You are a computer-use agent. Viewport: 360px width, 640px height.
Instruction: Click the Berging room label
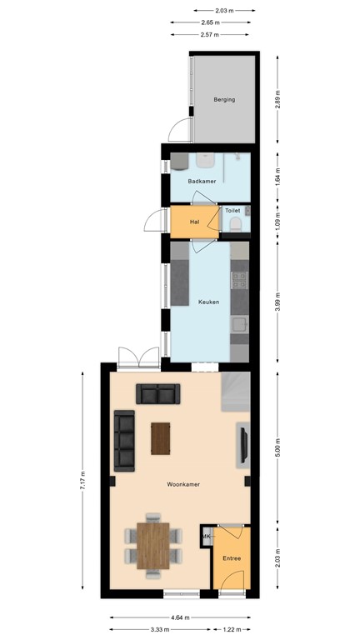pyautogui.click(x=224, y=99)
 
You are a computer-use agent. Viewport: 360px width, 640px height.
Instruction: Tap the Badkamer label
pyautogui.click(x=202, y=181)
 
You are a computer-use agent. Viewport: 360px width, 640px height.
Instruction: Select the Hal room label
pyautogui.click(x=194, y=222)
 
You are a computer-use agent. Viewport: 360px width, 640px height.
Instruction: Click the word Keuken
pyautogui.click(x=208, y=302)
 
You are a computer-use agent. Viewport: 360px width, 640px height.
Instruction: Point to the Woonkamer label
pyautogui.click(x=183, y=483)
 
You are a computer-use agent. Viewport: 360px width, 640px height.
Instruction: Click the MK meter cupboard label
pyautogui.click(x=206, y=537)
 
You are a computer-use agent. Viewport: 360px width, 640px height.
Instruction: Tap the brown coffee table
pyautogui.click(x=159, y=437)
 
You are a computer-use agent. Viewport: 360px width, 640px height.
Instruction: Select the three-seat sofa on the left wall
pyautogui.click(x=125, y=439)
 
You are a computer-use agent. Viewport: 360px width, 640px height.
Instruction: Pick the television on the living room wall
pyautogui.click(x=243, y=442)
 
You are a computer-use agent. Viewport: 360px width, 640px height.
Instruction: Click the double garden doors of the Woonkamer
pyautogui.click(x=138, y=358)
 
